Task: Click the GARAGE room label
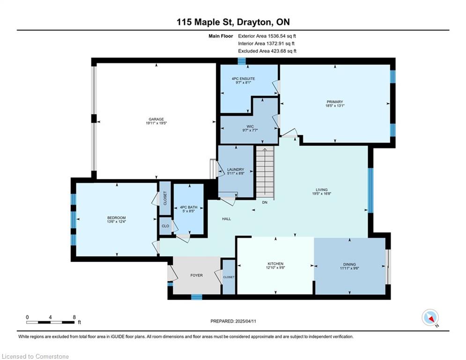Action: (x=156, y=120)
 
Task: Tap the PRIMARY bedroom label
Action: (x=335, y=102)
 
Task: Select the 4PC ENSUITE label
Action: (x=243, y=79)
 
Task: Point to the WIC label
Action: (x=250, y=127)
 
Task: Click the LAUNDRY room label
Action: (x=236, y=170)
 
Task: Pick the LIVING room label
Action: (x=322, y=189)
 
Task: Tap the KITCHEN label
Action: (x=275, y=264)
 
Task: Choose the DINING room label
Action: (x=349, y=264)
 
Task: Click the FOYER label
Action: (x=196, y=276)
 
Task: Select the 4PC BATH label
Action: (x=188, y=207)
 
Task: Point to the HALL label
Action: (x=227, y=219)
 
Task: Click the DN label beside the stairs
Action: (x=265, y=202)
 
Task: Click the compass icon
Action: (x=430, y=317)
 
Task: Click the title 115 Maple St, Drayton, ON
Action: (x=233, y=22)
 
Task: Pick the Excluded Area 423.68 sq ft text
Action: (x=267, y=51)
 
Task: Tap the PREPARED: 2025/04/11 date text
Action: (x=233, y=321)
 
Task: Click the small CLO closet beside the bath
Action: (x=165, y=226)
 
